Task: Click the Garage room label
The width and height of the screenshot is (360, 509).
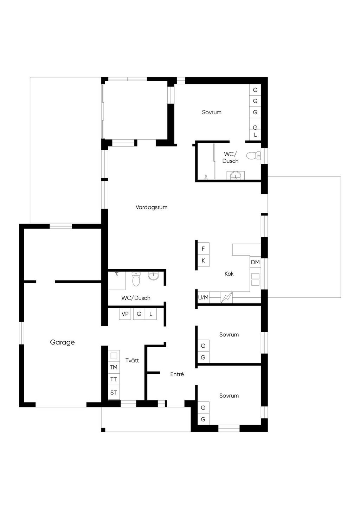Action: click(x=62, y=342)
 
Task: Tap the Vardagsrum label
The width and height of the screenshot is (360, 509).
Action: click(x=152, y=207)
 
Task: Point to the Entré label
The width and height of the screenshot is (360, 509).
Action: click(x=177, y=374)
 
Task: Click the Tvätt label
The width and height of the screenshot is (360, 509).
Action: click(x=132, y=360)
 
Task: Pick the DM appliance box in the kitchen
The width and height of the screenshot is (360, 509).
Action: click(x=255, y=262)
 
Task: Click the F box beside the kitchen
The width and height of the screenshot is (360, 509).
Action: click(x=203, y=249)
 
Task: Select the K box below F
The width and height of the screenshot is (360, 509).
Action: click(x=203, y=260)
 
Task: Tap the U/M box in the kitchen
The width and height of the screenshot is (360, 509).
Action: click(x=203, y=297)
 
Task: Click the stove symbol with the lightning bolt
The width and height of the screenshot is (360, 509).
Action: click(x=227, y=297)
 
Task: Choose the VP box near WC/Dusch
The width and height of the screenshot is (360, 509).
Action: click(x=125, y=314)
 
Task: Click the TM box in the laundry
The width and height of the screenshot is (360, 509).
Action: click(x=114, y=367)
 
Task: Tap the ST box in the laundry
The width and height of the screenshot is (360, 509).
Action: click(x=114, y=392)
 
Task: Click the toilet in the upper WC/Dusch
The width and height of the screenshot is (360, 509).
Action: click(x=253, y=156)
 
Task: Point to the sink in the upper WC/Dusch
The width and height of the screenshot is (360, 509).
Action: click(x=236, y=175)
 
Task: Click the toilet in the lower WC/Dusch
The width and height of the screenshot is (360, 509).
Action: click(x=136, y=279)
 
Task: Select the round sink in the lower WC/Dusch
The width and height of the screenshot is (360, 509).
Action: click(x=154, y=276)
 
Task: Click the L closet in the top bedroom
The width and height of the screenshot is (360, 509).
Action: click(x=255, y=135)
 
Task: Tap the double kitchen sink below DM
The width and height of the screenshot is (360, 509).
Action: click(x=256, y=279)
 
